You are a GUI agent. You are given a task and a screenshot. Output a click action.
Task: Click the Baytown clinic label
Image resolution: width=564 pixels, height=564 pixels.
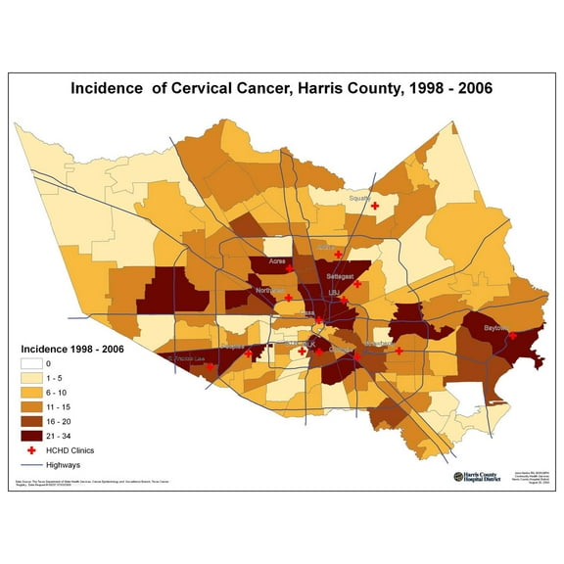pos(495,329)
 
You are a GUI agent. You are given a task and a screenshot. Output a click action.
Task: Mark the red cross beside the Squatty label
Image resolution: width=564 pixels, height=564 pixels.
pos(375,206)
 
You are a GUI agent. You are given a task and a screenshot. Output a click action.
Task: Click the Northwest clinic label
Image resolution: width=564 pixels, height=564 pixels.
pos(268,291)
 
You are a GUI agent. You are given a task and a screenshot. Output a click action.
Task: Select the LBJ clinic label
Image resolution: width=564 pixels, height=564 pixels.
pos(333,292)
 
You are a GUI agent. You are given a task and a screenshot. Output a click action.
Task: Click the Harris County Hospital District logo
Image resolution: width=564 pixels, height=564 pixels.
pos(481,477)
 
